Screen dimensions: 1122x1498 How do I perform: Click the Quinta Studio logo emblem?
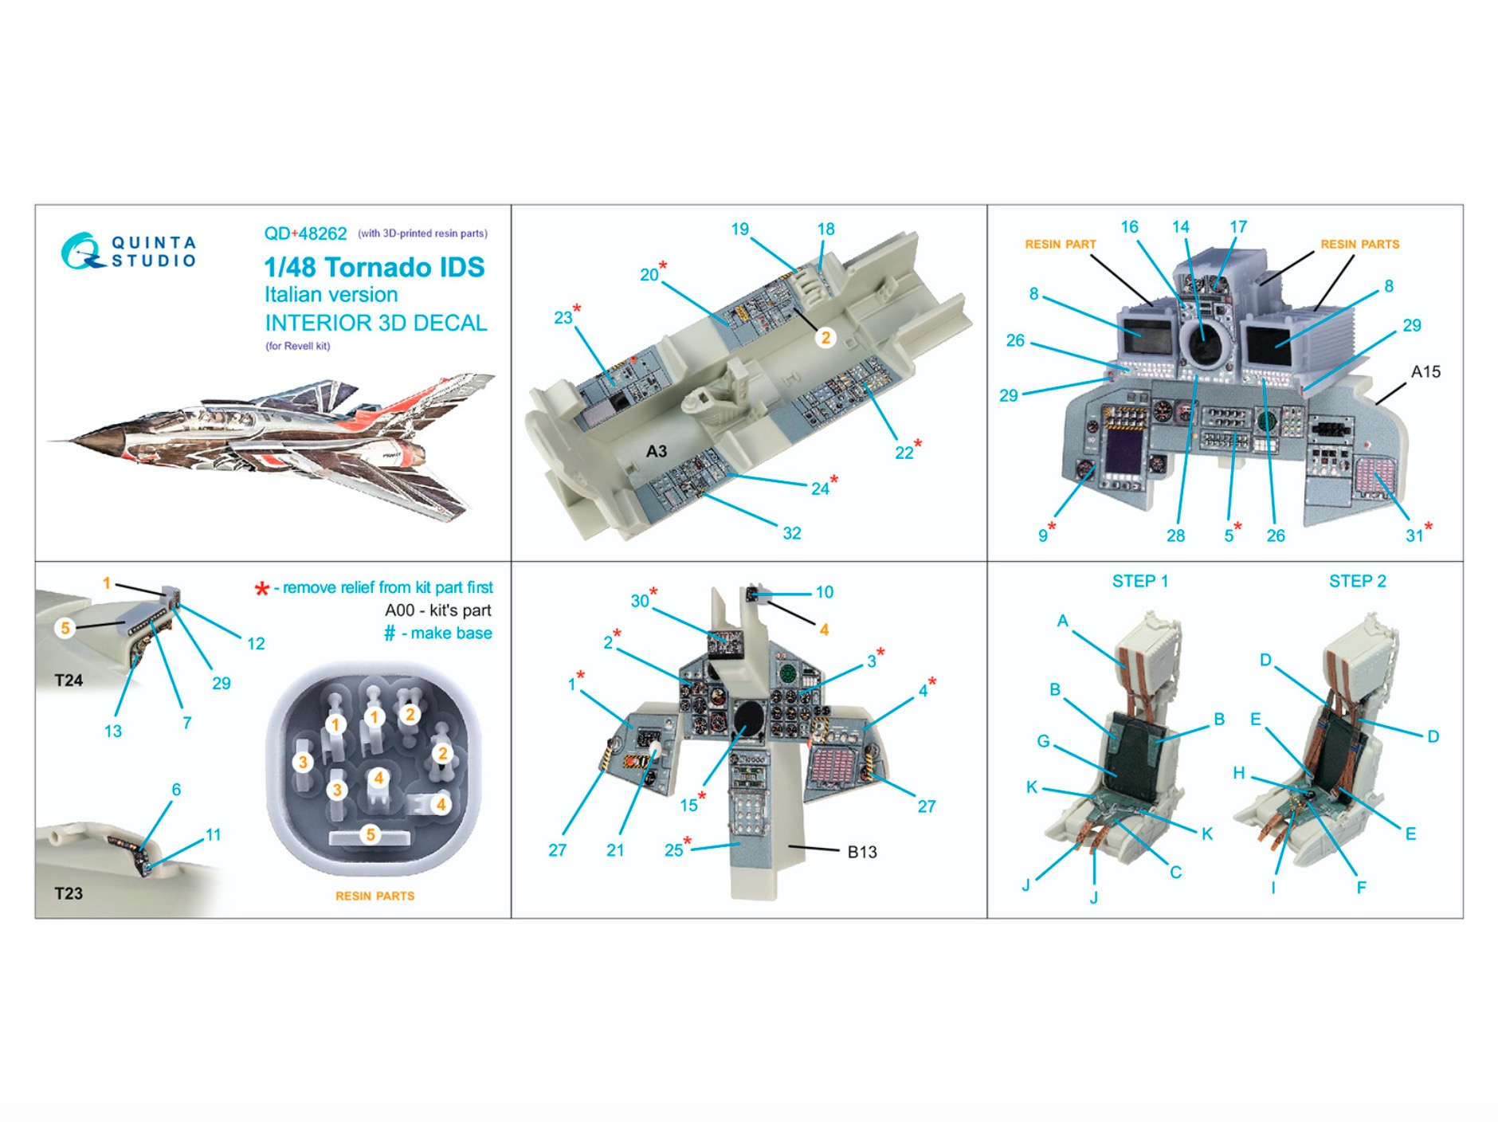[x=81, y=251]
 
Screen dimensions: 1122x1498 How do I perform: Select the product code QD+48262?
[x=305, y=233]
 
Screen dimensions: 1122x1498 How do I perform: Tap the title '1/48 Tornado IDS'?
[x=374, y=267]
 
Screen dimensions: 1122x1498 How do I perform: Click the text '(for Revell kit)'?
[x=297, y=346]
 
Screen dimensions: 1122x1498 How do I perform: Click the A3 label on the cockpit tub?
[x=656, y=451]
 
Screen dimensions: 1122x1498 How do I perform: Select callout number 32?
[x=791, y=533]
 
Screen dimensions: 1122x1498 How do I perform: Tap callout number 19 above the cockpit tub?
[x=739, y=229]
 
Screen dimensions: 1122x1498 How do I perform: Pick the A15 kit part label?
[x=1425, y=371]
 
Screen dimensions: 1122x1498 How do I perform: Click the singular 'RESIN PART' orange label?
[x=1060, y=244]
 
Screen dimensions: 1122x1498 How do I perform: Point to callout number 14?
[x=1180, y=227]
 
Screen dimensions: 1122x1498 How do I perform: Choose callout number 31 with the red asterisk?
[x=1414, y=535]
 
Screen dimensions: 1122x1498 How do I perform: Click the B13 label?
[x=861, y=852]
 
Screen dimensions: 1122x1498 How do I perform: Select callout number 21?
[x=614, y=850]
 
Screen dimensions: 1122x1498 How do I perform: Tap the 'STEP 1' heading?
[x=1139, y=581]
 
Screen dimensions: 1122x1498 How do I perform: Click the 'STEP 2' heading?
[x=1357, y=581]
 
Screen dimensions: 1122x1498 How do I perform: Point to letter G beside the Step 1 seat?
[x=1043, y=741]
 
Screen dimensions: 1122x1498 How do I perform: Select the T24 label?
[x=69, y=681]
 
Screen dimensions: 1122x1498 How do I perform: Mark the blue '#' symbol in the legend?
[x=390, y=634]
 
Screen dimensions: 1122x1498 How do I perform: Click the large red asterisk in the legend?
[x=261, y=590]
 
